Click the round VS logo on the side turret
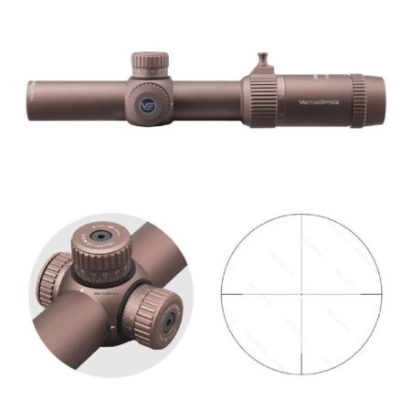coord(147,105)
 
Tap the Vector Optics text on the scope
coord(318,101)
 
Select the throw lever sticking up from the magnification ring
coord(258,61)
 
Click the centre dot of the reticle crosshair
coord(301,295)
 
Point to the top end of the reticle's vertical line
coord(301,216)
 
